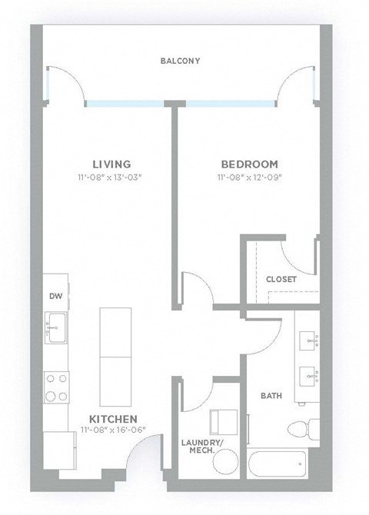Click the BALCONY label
pos(180,61)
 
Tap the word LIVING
pos(111,164)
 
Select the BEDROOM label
pos(249,164)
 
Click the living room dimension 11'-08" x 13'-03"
pos(111,178)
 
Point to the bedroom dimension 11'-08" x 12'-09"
pos(249,178)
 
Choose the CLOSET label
pos(281,279)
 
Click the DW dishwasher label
pos(55,295)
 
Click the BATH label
pos(270,396)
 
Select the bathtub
pos(278,464)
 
